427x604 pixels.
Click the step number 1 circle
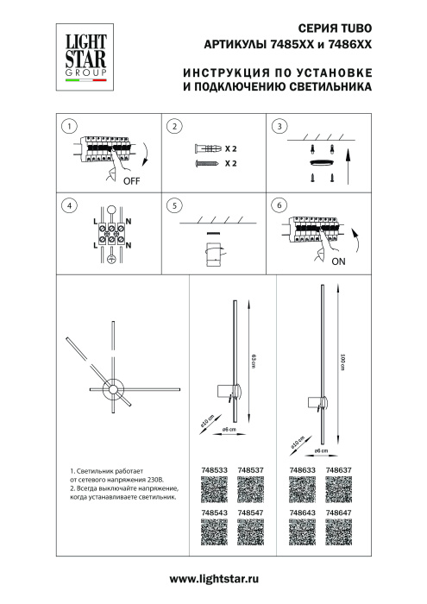pyautogui.click(x=66, y=128)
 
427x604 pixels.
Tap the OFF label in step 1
pyautogui.click(x=131, y=182)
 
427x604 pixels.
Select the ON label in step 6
pyautogui.click(x=338, y=260)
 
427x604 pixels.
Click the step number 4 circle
pyautogui.click(x=66, y=205)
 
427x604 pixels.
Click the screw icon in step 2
pyautogui.click(x=207, y=162)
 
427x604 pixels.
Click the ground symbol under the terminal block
pyautogui.click(x=110, y=260)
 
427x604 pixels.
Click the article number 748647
pyautogui.click(x=338, y=513)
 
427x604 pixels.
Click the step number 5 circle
pyautogui.click(x=174, y=205)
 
